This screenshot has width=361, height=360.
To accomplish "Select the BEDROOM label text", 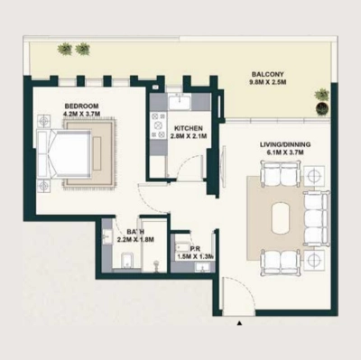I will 80,106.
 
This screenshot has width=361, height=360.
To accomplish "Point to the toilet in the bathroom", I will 127,263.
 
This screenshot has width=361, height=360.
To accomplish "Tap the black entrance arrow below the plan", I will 238,322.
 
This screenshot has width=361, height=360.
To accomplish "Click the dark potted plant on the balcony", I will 322,109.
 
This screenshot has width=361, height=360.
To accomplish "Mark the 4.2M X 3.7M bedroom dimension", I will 80,115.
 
